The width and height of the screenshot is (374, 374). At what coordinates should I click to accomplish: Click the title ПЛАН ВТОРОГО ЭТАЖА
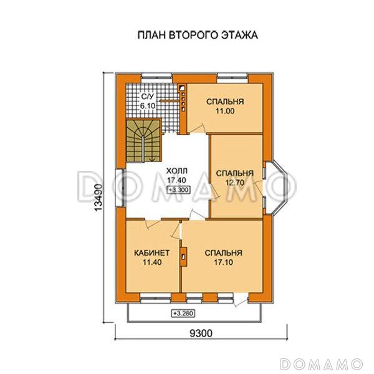(197, 36)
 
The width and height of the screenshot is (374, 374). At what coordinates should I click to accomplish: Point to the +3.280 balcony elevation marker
(181, 312)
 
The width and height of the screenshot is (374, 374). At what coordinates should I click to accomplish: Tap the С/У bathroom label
(147, 97)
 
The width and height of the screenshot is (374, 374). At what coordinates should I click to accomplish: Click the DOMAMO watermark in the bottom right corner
(321, 363)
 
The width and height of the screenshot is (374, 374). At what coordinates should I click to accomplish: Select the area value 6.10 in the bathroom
(147, 107)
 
